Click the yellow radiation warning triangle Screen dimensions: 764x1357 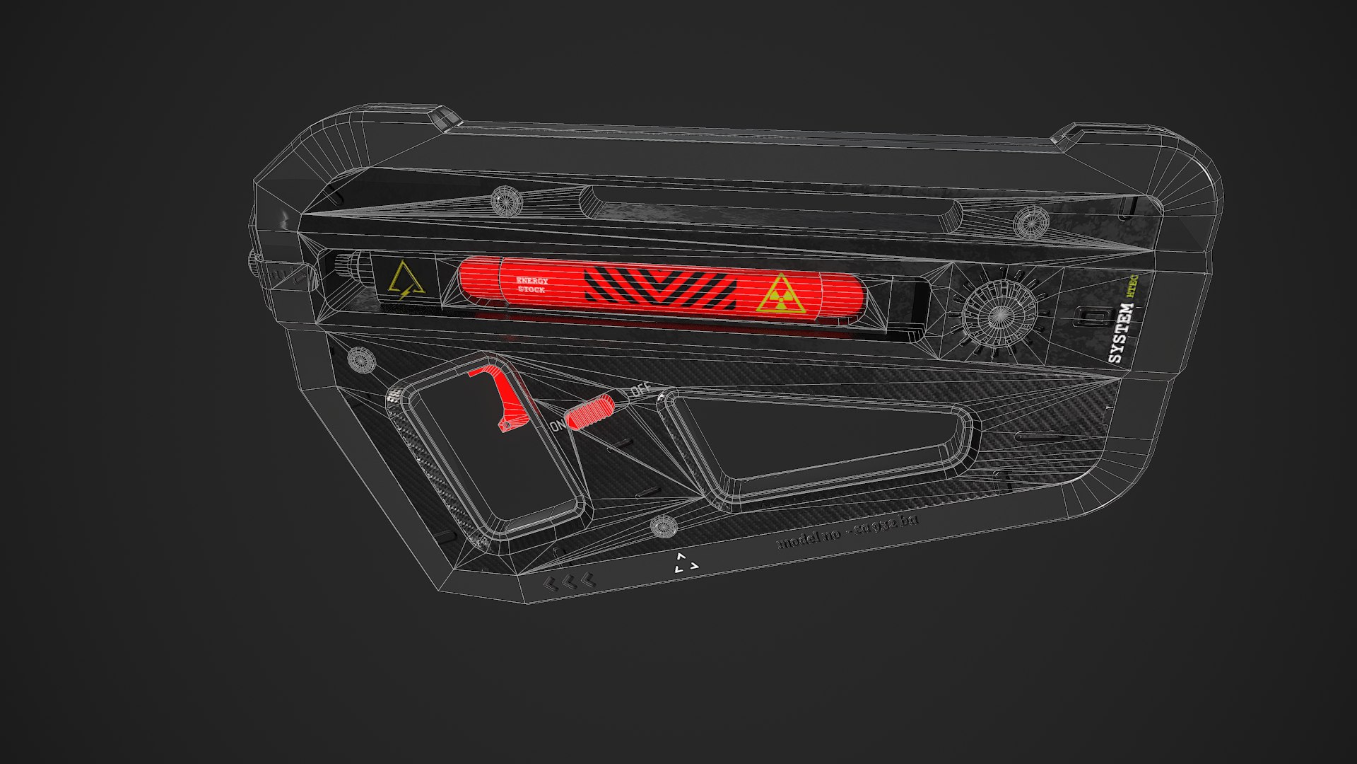point(780,294)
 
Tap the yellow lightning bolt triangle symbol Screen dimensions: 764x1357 point(406,280)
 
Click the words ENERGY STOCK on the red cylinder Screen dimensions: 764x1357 point(532,285)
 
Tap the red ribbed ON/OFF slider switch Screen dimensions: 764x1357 point(590,412)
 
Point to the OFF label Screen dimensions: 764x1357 point(640,389)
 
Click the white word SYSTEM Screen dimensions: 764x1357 point(1120,333)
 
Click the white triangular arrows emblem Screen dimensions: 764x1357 point(685,564)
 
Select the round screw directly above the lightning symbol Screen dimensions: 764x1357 point(506,202)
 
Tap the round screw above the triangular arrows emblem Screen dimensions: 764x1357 point(663,526)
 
